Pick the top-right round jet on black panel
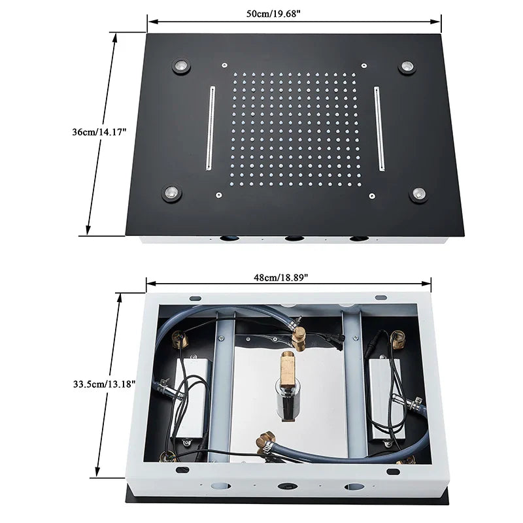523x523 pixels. tap(407, 67)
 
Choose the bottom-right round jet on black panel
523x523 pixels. tap(418, 194)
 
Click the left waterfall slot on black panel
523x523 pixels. tap(211, 127)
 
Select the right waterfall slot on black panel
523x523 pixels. tap(379, 127)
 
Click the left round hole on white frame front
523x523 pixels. tap(220, 486)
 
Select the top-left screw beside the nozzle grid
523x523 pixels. tap(224, 65)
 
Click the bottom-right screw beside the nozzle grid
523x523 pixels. tap(371, 195)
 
